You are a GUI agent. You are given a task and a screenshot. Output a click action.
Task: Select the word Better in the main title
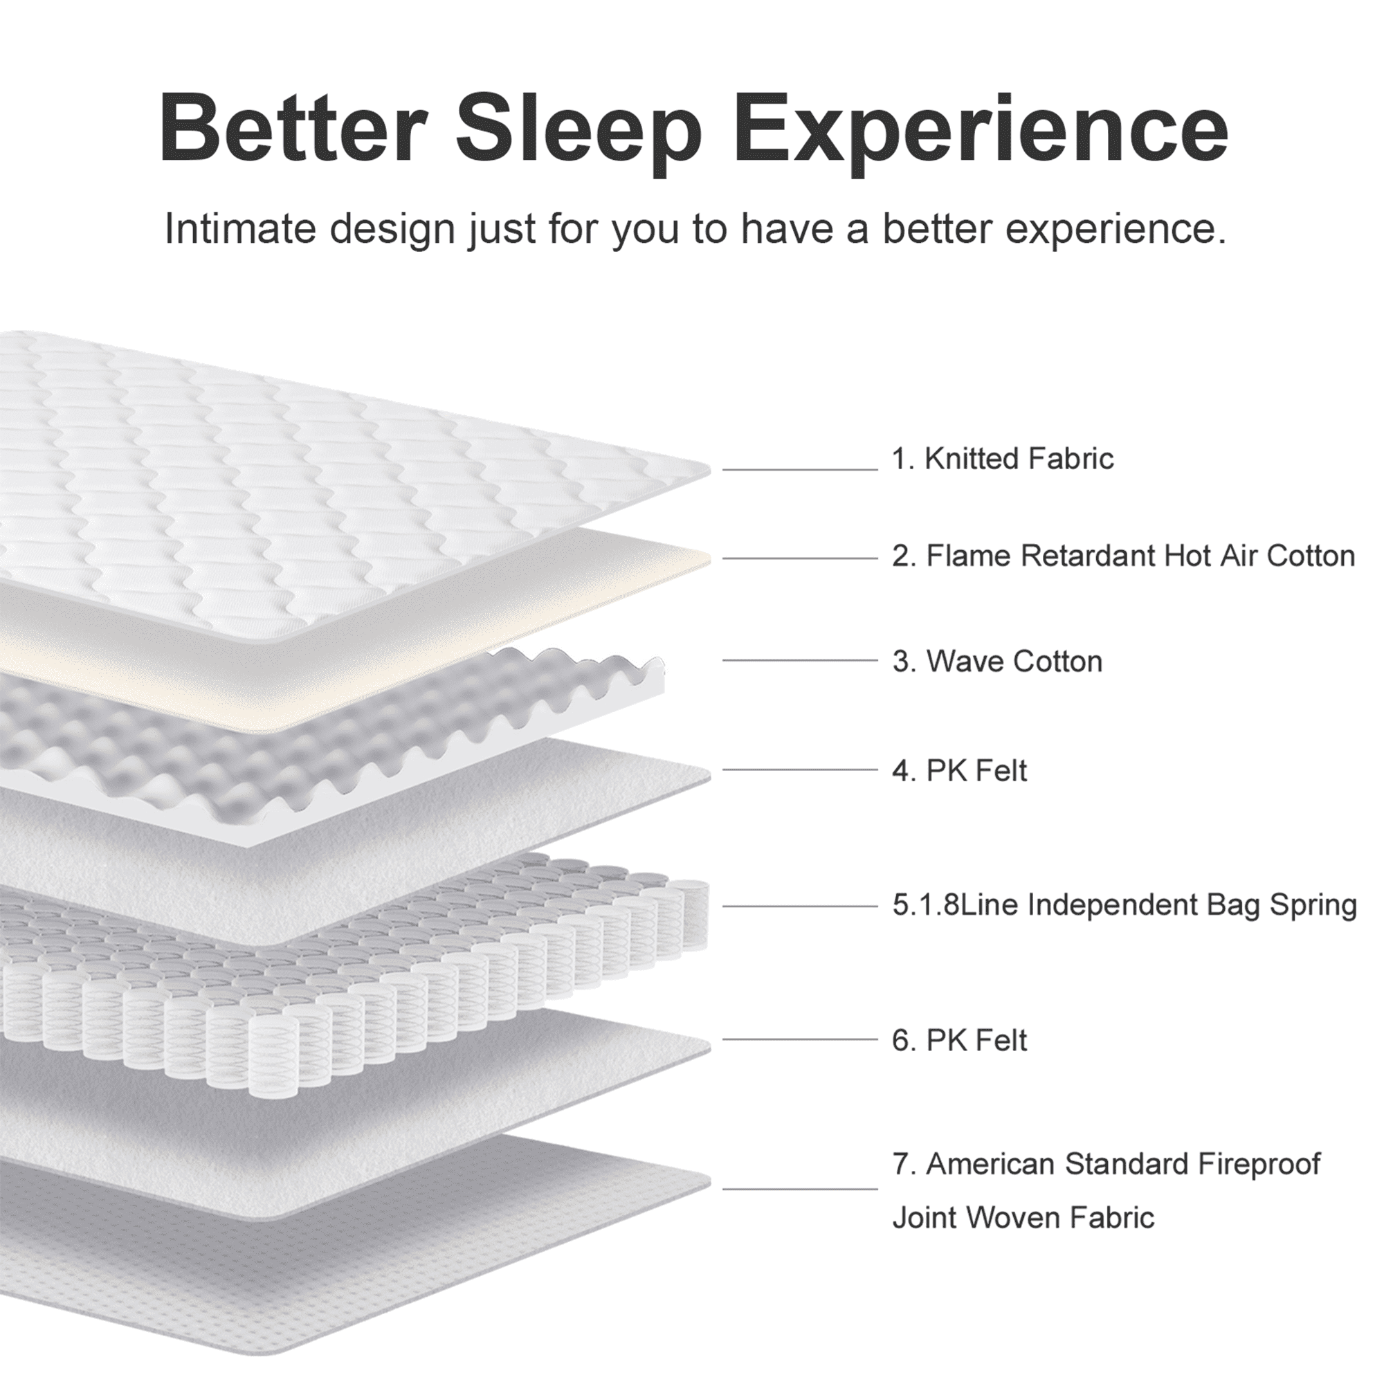click(x=290, y=128)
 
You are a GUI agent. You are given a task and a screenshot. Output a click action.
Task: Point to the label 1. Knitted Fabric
click(x=1003, y=459)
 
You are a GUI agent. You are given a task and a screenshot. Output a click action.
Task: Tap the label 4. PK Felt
click(x=960, y=772)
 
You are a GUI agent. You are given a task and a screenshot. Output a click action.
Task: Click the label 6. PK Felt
click(x=960, y=1041)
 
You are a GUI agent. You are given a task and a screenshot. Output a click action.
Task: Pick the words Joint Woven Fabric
click(x=1023, y=1219)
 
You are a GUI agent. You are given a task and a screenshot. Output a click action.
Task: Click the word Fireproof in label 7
click(x=1259, y=1165)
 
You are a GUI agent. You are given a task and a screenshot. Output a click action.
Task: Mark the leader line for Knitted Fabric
click(x=800, y=470)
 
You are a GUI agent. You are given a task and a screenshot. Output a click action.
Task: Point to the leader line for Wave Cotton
click(x=800, y=660)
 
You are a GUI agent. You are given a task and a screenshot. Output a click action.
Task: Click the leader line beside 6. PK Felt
click(x=800, y=1039)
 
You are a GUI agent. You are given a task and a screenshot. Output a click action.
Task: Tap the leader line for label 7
click(x=800, y=1189)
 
